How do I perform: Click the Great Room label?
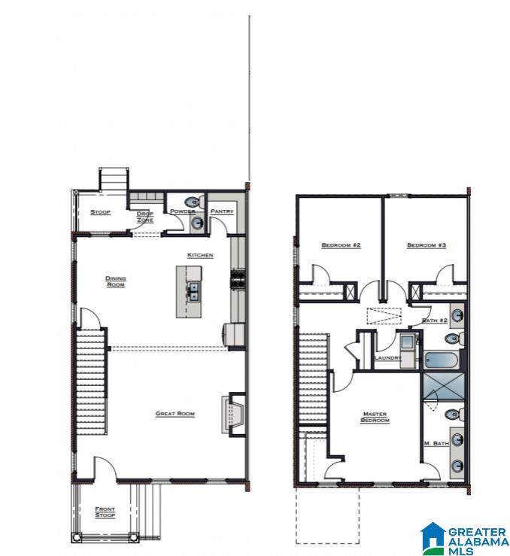pyautogui.click(x=175, y=414)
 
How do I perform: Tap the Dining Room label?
pyautogui.click(x=116, y=281)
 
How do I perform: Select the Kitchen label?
pyautogui.click(x=200, y=255)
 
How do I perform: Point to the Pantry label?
pyautogui.click(x=222, y=211)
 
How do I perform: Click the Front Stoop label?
pyautogui.click(x=105, y=512)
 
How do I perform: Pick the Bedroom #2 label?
pyautogui.click(x=341, y=245)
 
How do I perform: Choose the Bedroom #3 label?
pyautogui.click(x=427, y=245)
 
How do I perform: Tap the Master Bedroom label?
pyautogui.click(x=375, y=417)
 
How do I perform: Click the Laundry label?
pyautogui.click(x=388, y=358)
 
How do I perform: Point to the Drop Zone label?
pyautogui.click(x=145, y=217)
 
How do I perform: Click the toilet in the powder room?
pyautogui.click(x=194, y=202)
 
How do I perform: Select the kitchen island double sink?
pyautogui.click(x=193, y=291)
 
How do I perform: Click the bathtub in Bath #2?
pyautogui.click(x=442, y=360)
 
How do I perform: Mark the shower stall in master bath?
pyautogui.click(x=444, y=387)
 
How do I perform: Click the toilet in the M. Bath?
pyautogui.click(x=454, y=414)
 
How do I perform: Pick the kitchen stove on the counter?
pyautogui.click(x=238, y=280)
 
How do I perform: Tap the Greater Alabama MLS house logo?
pyautogui.click(x=433, y=539)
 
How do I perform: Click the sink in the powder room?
pyautogui.click(x=196, y=223)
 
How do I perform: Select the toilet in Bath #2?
pyautogui.click(x=454, y=338)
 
